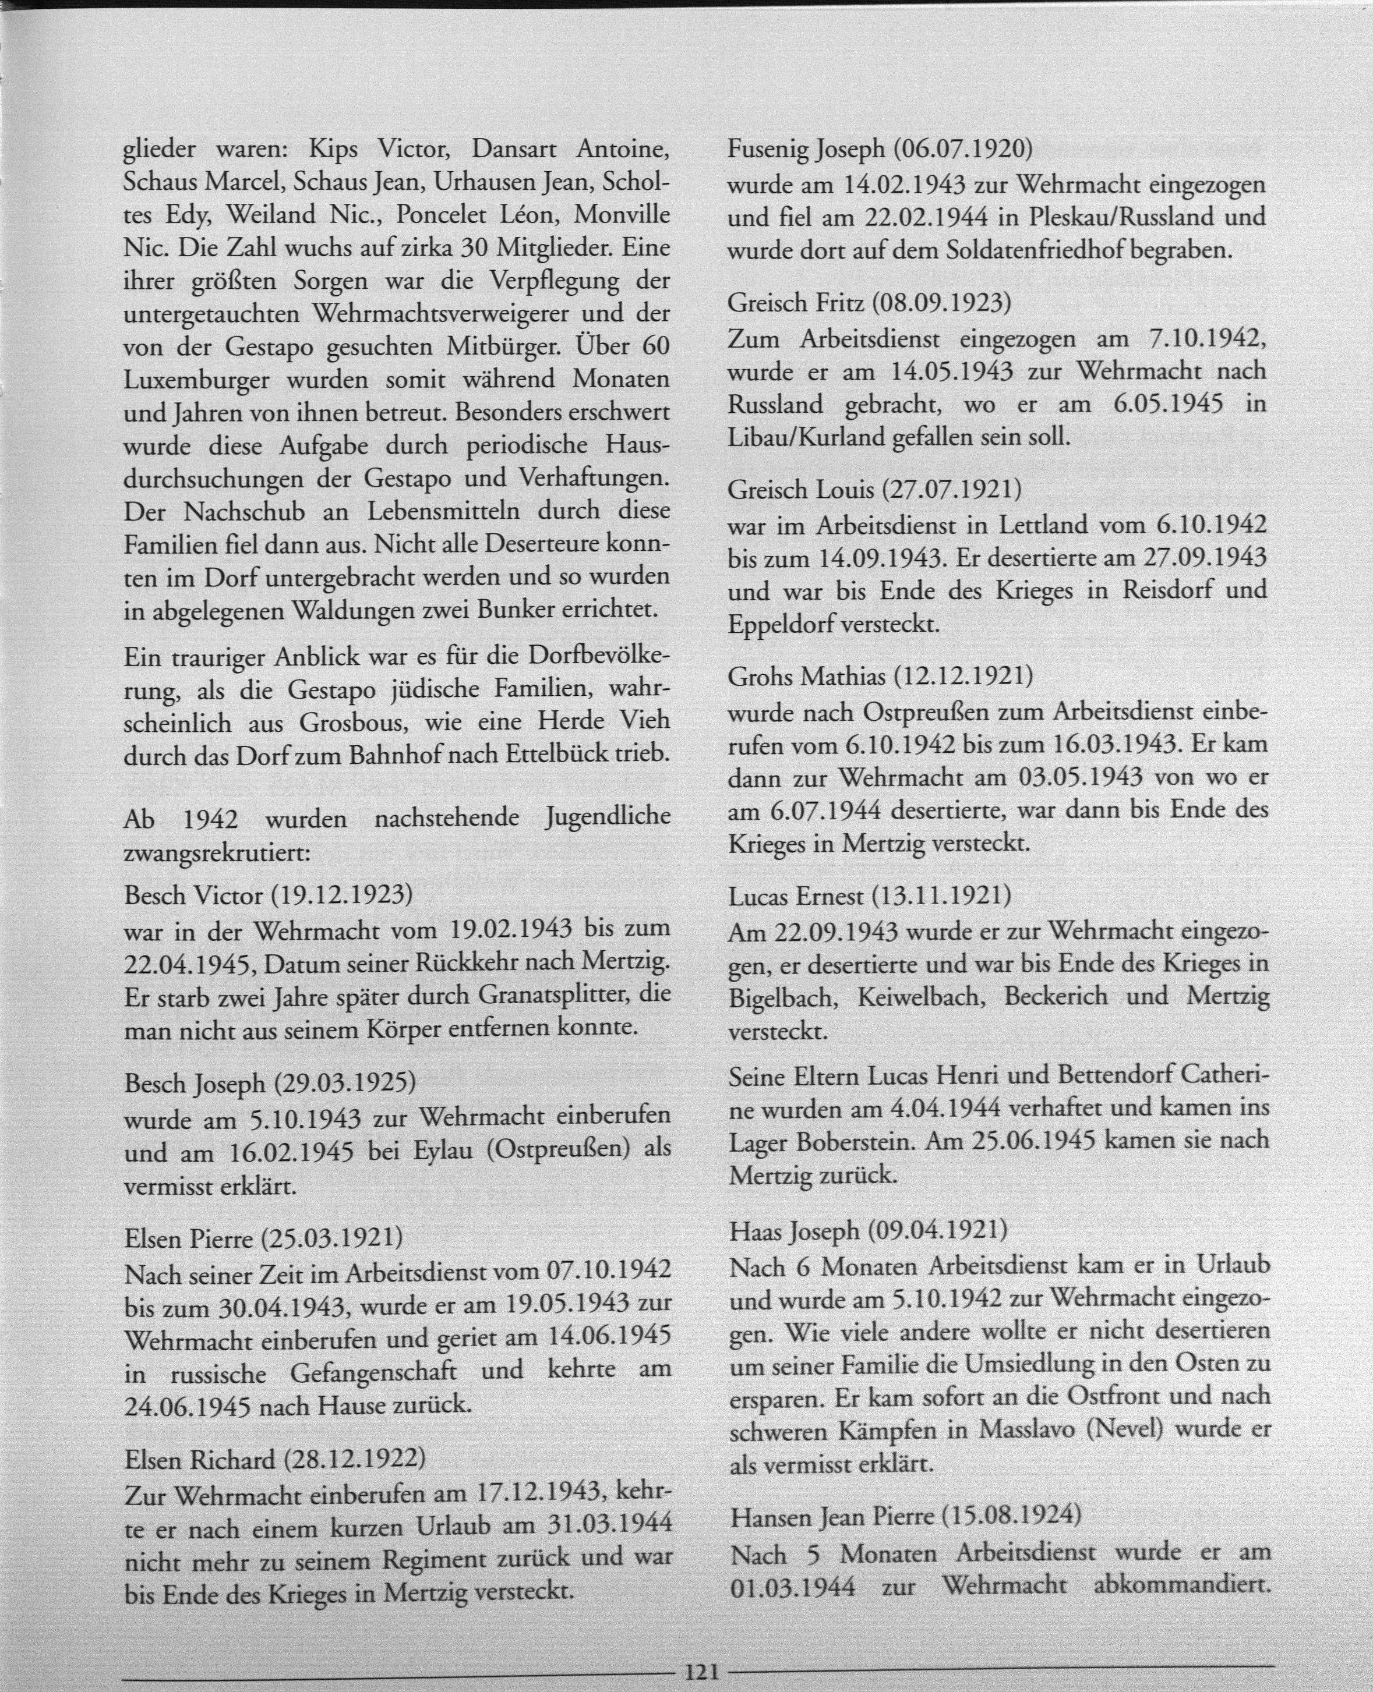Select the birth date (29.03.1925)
coord(343,1082)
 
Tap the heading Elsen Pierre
coord(190,1237)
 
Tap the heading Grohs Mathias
coord(809,677)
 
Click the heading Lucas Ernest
coord(796,896)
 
